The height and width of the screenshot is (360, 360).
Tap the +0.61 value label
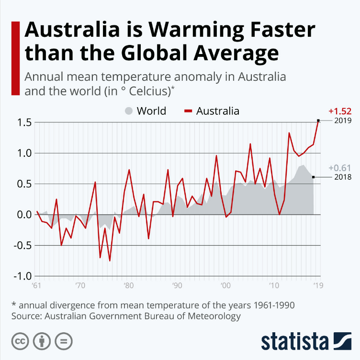pos(339,168)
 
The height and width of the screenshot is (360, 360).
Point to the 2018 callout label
pos(343,177)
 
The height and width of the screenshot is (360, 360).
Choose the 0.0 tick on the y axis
pos(22,215)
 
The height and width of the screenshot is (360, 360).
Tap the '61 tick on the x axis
pos(36,286)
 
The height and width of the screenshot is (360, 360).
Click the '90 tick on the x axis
pos(177,286)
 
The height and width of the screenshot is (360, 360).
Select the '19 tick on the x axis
pos(317,286)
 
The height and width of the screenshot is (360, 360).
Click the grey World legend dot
pos(129,111)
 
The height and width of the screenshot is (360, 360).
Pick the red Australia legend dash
pos(188,111)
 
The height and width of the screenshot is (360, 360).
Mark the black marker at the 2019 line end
pos(318,120)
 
